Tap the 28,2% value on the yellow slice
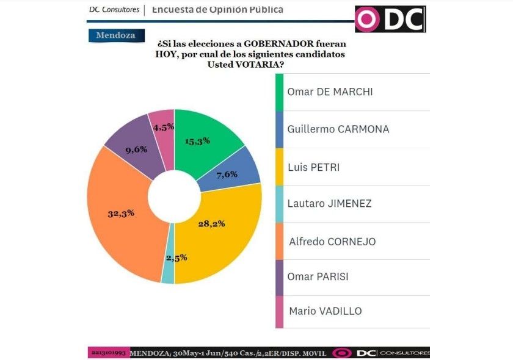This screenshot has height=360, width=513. [x=212, y=223]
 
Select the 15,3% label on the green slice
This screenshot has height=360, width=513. [x=198, y=140]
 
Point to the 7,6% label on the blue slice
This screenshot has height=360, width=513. [x=228, y=175]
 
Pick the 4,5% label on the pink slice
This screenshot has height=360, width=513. [x=164, y=127]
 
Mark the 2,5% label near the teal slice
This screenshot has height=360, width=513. [x=175, y=257]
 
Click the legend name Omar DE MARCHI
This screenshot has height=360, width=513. [x=330, y=92]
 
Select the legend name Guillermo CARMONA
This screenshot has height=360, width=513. [x=338, y=129]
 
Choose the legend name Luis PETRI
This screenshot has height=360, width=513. [x=315, y=167]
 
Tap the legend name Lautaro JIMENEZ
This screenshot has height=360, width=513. [x=329, y=204]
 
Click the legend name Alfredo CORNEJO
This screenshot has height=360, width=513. [x=331, y=241]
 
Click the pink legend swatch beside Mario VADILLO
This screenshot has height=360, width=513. [x=280, y=311]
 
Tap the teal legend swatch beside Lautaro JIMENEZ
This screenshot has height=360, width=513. [x=280, y=204]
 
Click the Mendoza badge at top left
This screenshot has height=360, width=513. [x=116, y=35]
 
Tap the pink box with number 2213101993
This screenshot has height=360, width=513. [x=109, y=353]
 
